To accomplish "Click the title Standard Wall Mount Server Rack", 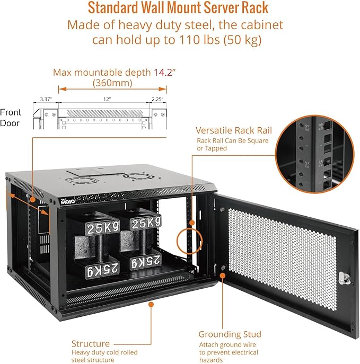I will click(x=178, y=8).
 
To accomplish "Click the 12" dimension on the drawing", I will click(x=108, y=99).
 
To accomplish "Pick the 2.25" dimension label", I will click(x=157, y=99).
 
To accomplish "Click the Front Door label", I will click(x=11, y=118).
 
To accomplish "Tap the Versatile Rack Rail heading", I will click(x=233, y=130).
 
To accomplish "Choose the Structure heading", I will click(x=90, y=343).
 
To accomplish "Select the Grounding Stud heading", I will click(x=230, y=334).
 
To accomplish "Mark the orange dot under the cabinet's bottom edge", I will click(x=151, y=304).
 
